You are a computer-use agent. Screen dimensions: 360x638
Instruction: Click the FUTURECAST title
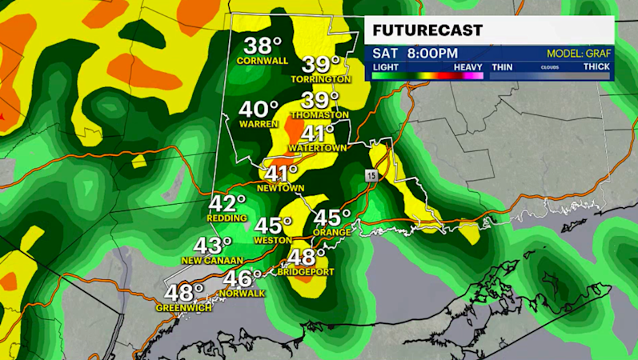tap(427, 30)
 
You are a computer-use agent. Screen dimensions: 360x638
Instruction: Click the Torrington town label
tap(326, 79)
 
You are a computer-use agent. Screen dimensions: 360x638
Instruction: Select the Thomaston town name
tap(320, 114)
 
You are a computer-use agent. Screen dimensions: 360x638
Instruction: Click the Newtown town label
tap(280, 188)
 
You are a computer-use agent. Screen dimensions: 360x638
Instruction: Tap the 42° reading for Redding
tap(227, 203)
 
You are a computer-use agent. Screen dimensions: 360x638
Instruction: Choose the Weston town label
tap(271, 240)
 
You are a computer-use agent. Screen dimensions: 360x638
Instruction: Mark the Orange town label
tap(331, 232)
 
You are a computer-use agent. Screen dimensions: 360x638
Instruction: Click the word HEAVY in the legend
tap(467, 66)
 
